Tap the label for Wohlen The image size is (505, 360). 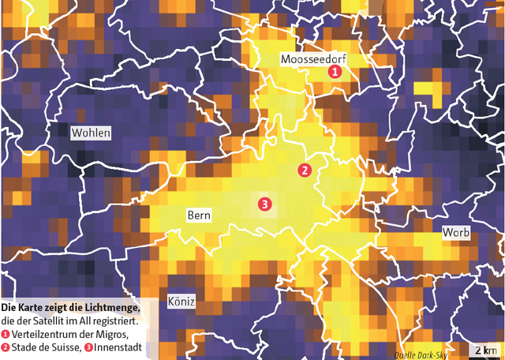[x=91, y=133]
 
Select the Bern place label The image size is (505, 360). [x=198, y=215]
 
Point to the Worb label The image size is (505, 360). [x=456, y=233]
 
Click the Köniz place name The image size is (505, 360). [x=181, y=302]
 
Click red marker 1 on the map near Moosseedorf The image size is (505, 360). [x=335, y=72]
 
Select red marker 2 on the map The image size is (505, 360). [x=305, y=170]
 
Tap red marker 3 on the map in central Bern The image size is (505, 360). [x=264, y=204]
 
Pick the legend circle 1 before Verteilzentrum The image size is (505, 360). [x=6, y=335]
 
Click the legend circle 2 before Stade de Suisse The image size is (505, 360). [x=6, y=347]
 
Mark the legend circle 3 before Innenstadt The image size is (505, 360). [x=88, y=347]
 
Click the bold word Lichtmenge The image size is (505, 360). [x=110, y=307]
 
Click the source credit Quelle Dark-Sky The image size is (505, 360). [x=420, y=354]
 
